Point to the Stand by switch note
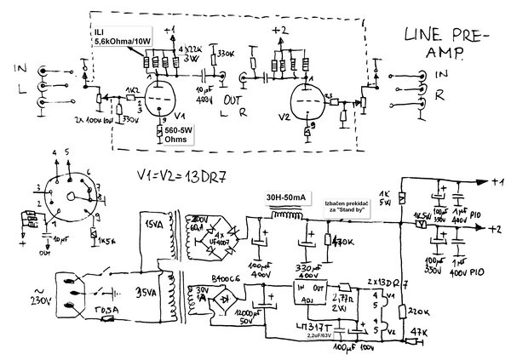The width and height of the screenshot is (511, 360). click(x=345, y=204)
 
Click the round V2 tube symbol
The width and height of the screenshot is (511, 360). click(x=306, y=100)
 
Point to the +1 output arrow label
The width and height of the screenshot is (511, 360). click(x=500, y=181)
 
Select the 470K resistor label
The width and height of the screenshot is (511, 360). click(x=345, y=241)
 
